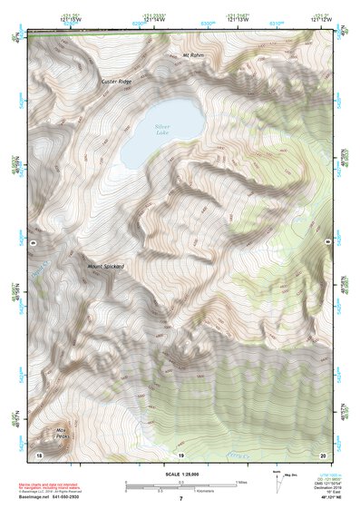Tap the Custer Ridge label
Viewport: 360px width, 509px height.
pos(117,82)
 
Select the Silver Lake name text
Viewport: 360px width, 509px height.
pos(162,130)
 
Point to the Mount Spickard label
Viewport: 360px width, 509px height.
pos(105,266)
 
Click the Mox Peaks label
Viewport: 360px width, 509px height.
pos(63,434)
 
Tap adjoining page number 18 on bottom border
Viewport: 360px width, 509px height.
pos(39,454)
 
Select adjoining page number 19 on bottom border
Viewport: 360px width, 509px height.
pos(180,454)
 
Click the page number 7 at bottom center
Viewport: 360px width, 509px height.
pos(180,498)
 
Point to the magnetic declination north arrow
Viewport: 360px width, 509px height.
pos(277,478)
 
